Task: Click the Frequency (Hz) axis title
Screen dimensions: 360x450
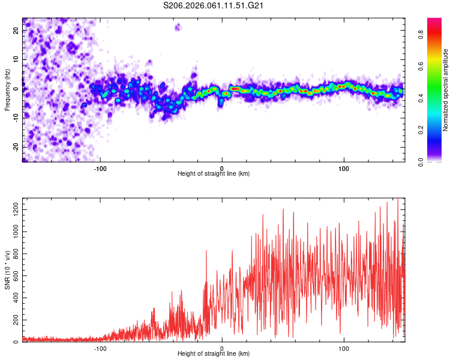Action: pos(7,90)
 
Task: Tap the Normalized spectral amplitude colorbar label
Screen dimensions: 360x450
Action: pos(446,90)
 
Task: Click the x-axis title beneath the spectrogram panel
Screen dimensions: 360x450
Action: pos(214,174)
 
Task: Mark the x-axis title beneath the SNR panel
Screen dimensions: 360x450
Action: pos(214,354)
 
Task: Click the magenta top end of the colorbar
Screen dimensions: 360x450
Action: pos(434,21)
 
